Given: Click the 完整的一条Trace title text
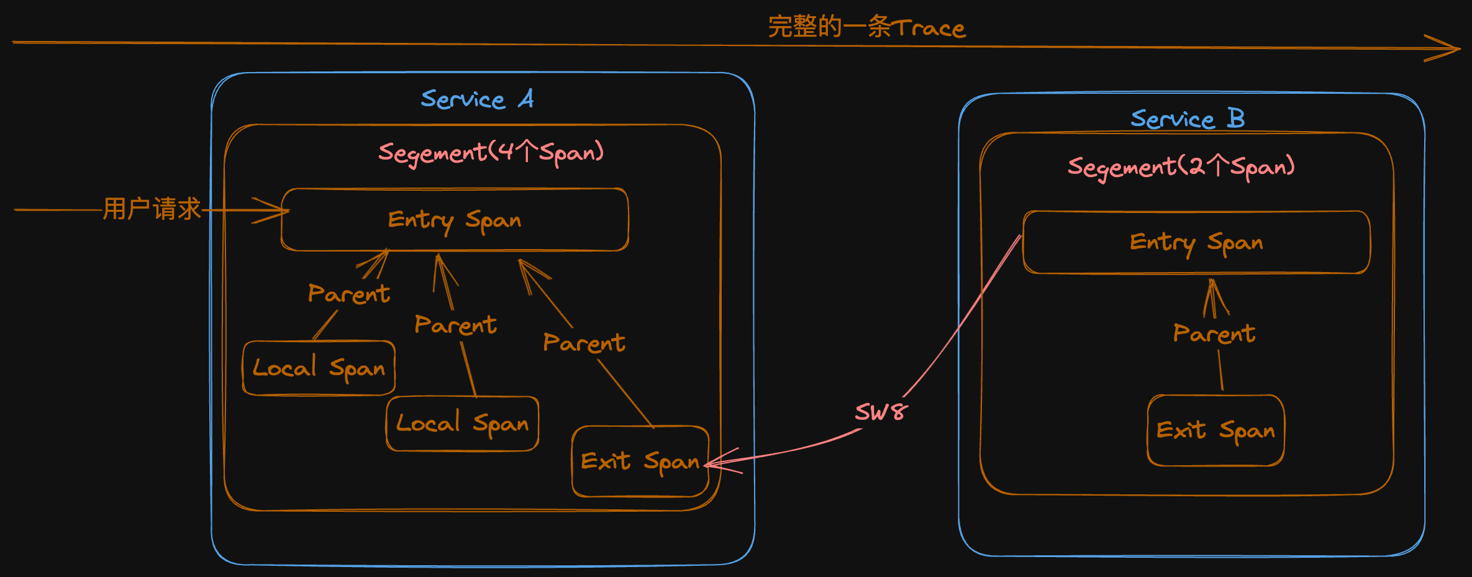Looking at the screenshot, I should pos(866,27).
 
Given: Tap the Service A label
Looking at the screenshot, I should pos(477,99).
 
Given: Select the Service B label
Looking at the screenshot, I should pos(1187,119).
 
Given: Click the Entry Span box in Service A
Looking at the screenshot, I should pos(455,220).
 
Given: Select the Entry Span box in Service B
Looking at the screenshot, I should pos(1196,242).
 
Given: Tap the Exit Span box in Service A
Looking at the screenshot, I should pos(640,461).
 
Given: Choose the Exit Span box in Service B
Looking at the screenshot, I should pos(1215,430).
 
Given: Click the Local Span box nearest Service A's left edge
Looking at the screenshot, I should pos(319,368).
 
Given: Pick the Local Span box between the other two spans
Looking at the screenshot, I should pos(462,424).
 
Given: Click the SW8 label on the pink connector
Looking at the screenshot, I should pos(881,412).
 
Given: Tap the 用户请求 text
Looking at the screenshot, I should pos(152,209).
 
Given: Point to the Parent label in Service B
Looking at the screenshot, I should pos(1214,334).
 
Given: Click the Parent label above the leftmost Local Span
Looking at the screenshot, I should pos(349,294).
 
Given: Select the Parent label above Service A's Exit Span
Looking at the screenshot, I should pos(584,343).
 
